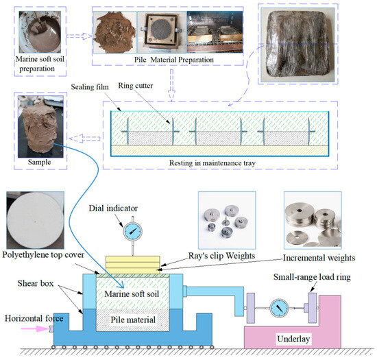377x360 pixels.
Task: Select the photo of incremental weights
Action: pyautogui.click(x=315, y=221)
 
